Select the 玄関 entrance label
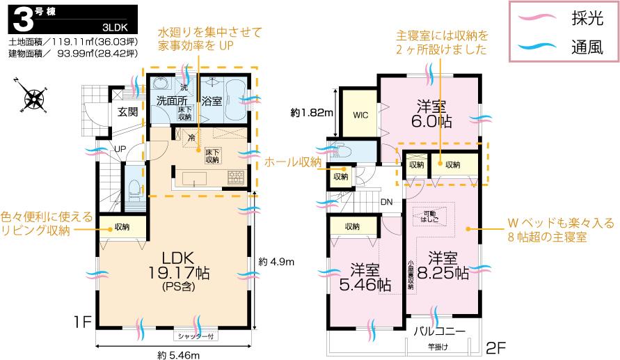127,112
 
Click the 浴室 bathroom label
211,101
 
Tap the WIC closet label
360,115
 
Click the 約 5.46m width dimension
178,355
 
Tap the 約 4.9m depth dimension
276,262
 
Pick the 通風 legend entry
587,47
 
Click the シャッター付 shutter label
198,336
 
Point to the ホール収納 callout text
293,162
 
